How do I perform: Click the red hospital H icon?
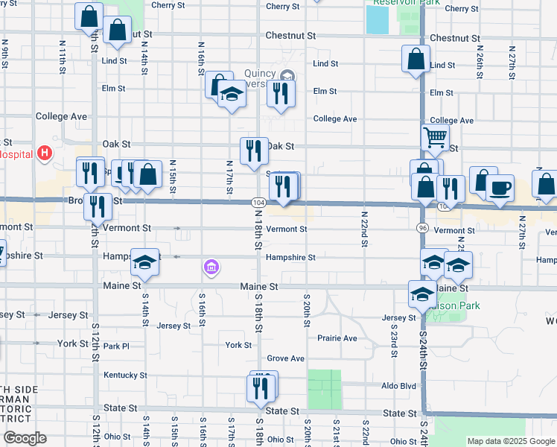coord(45,154)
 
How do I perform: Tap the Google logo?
coord(24,438)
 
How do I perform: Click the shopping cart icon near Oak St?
coord(434,137)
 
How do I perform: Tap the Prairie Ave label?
coord(337,338)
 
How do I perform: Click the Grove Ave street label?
coord(285,358)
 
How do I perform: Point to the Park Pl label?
coord(116,346)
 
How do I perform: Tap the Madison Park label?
coord(456,305)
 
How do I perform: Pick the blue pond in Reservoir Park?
coord(377,20)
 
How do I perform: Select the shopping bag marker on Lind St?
coord(416,60)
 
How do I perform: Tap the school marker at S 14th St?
coord(144,262)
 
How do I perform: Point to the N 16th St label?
coord(201,57)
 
